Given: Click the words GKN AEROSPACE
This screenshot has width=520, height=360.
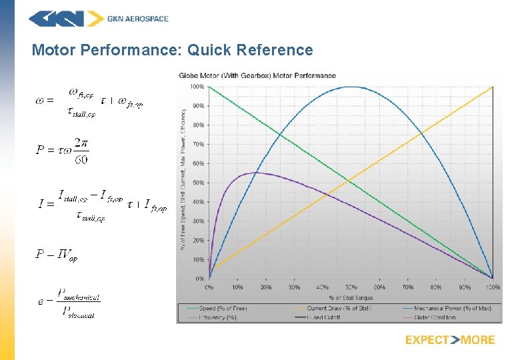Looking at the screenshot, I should coord(138,19).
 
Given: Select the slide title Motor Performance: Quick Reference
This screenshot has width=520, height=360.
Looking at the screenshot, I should coord(172,50).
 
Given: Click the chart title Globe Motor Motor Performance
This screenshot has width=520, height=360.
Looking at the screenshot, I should coord(257,75).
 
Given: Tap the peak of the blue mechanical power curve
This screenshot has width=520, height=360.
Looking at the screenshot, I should coord(351,87).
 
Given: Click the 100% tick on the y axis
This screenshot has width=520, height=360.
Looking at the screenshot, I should coord(198,87).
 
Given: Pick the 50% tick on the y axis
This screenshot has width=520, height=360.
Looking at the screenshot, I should coord(199,183).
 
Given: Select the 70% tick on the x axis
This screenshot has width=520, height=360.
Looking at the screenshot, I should coord(407,287).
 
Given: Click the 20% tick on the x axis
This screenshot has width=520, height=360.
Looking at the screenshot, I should coord(265,287).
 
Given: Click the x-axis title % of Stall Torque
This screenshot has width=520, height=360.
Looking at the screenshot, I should coord(351,297).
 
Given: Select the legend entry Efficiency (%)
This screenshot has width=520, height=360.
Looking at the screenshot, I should coord(218,317).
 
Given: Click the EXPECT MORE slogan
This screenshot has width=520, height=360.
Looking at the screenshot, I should coord(450,340).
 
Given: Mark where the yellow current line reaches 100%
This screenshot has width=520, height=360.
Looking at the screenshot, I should coord(492,87).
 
